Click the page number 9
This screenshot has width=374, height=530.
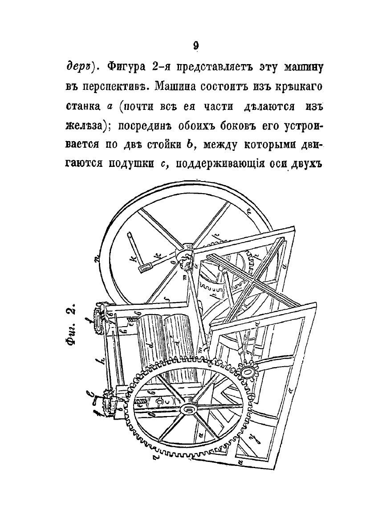pyautogui.click(x=195, y=45)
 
